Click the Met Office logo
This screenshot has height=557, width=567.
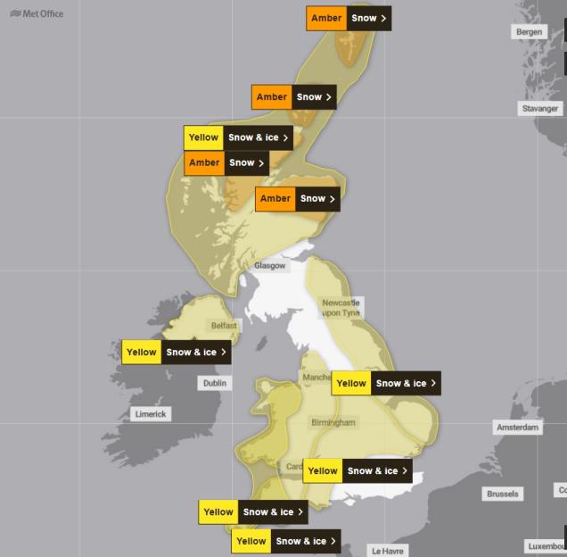point(37,13)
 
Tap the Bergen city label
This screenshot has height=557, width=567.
point(529,32)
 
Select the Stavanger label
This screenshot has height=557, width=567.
point(540,109)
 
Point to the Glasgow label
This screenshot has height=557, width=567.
point(269,266)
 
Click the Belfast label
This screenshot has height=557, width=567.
point(224,326)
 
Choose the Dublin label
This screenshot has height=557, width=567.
point(214,383)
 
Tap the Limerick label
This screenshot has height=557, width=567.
point(150,414)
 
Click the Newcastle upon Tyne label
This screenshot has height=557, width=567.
point(341,308)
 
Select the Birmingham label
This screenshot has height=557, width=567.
point(333,422)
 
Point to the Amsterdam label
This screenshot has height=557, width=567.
point(518,428)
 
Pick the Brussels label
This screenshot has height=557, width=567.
point(503,494)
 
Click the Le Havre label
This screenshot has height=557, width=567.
point(388,551)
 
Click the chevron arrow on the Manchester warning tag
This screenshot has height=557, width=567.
point(433,383)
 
